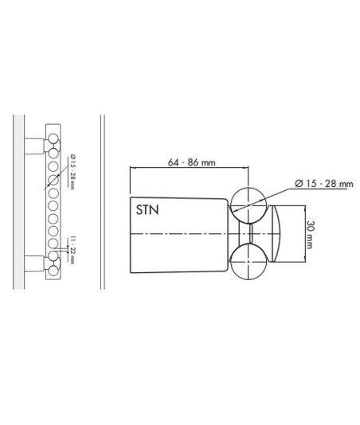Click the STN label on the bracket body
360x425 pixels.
pos(147,210)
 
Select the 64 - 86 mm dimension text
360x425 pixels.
pos(191,162)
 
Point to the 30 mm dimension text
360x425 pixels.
pos(309,234)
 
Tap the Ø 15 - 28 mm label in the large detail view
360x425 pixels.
pos(324,184)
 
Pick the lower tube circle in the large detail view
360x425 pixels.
pos(248,261)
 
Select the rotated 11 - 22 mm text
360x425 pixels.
pos(72,250)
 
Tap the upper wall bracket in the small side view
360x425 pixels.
pos(34,146)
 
